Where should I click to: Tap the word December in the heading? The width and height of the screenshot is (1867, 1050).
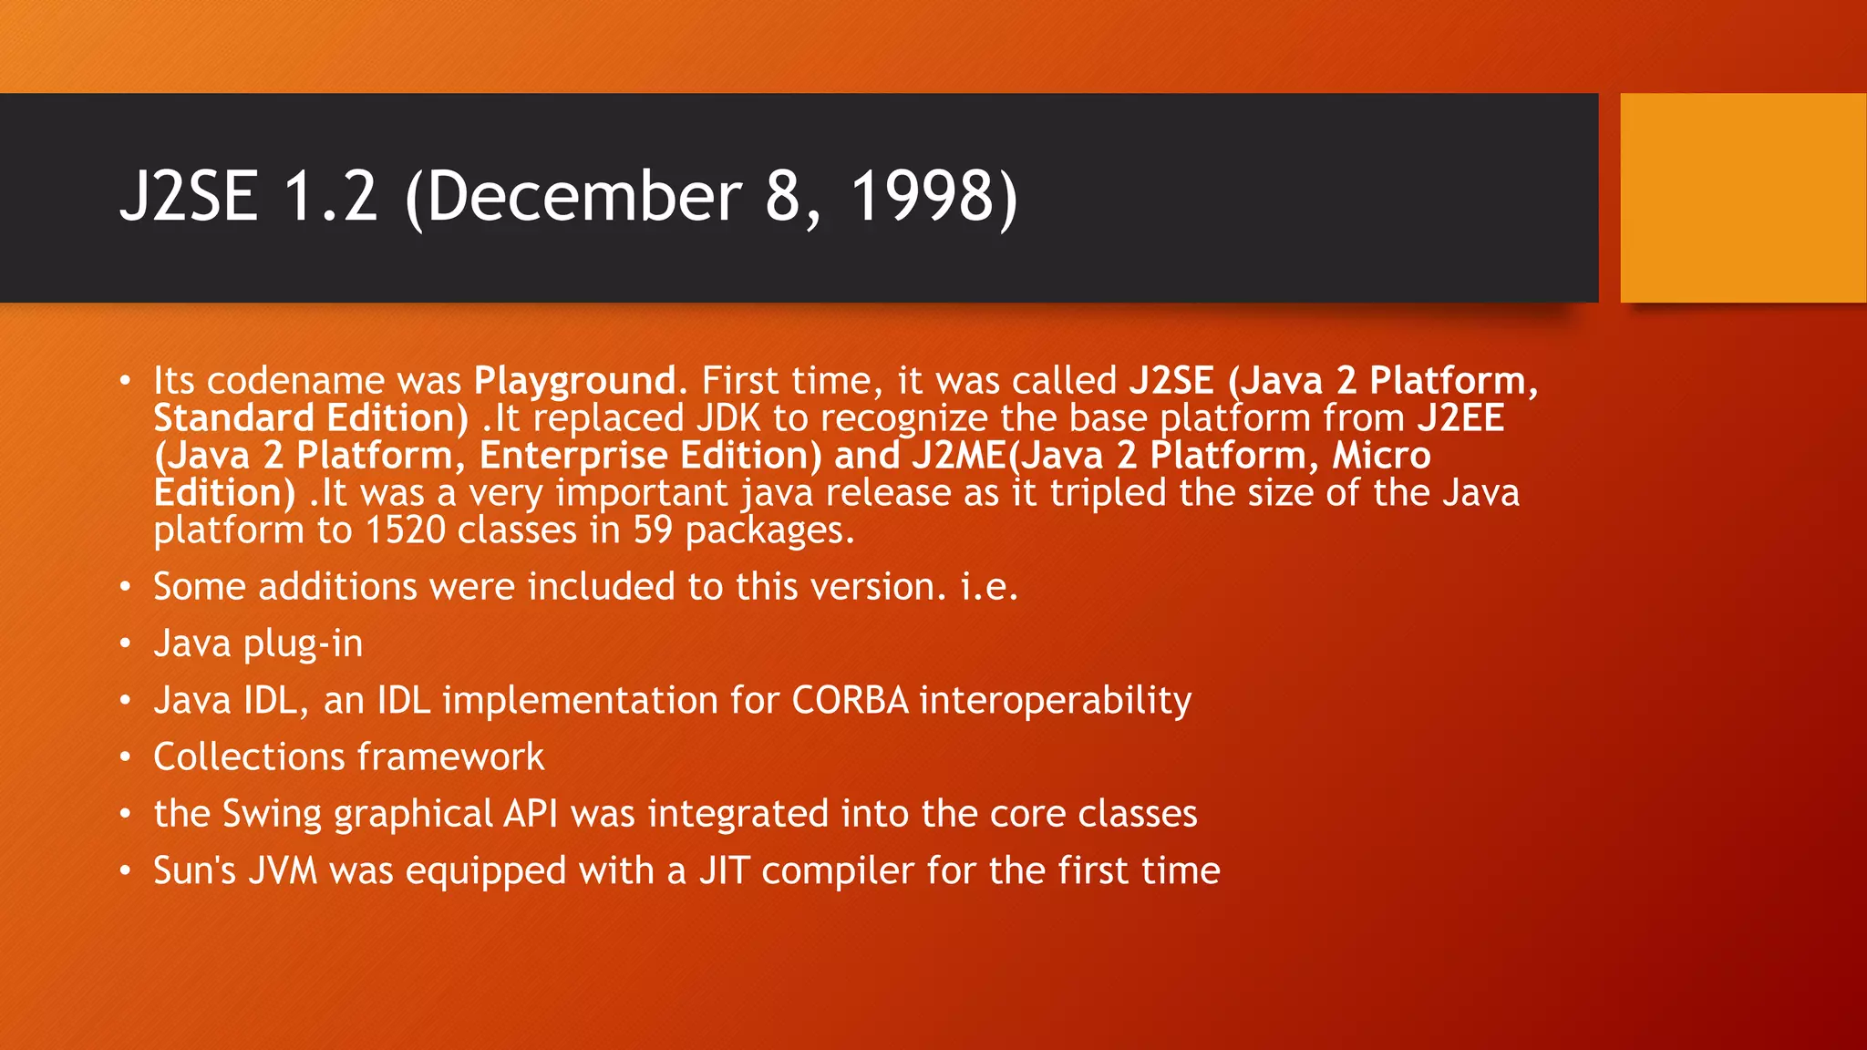pos(583,197)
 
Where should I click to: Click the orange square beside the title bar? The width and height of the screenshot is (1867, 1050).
pos(1743,198)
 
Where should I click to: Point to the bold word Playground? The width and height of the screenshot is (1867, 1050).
pos(574,381)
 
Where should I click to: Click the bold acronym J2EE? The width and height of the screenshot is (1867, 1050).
pos(1460,418)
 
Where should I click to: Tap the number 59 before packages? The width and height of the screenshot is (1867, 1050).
pos(653,530)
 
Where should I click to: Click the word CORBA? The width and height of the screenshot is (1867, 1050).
pos(850,701)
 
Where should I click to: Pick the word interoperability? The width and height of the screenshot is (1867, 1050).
pos(1055,701)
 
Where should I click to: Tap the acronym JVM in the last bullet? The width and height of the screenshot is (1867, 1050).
pos(283,871)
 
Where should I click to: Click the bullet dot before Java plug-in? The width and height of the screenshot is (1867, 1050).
pos(126,644)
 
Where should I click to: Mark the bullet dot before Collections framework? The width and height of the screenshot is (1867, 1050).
pos(126,757)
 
